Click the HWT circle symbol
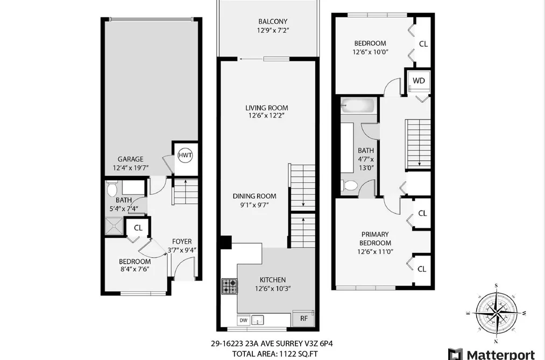coord(185,156)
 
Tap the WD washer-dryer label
coord(419,81)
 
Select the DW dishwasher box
coord(244,320)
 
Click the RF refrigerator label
coord(304,319)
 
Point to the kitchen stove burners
coord(229,286)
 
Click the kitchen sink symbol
coord(258,320)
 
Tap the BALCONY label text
coord(273,22)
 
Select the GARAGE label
coord(130,159)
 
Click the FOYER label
coord(182,242)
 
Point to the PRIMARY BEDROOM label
coord(375,238)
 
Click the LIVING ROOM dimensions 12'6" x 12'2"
coord(267,116)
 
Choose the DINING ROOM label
coord(254,196)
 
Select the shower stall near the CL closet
coord(114,226)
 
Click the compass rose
coord(497,313)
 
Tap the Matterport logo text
coord(500,355)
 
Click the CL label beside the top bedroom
coord(423,44)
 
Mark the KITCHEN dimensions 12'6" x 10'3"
coord(273,288)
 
